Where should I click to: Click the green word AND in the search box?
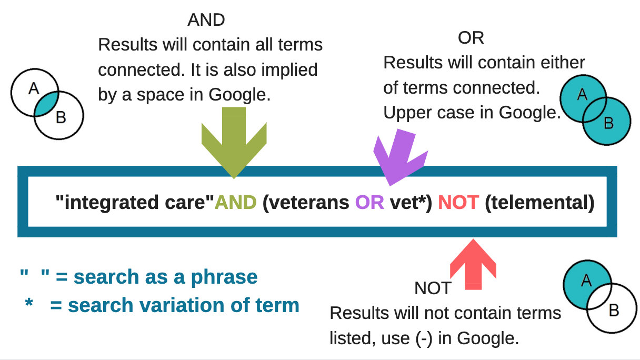pyautogui.click(x=235, y=203)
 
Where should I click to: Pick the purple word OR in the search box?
pyautogui.click(x=369, y=203)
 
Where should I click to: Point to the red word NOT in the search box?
pyautogui.click(x=458, y=203)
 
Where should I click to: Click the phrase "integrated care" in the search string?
pyautogui.click(x=135, y=203)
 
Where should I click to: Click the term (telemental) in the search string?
pyautogui.click(x=539, y=203)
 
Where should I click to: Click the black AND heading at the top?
pyautogui.click(x=206, y=20)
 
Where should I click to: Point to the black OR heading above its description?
pyautogui.click(x=471, y=38)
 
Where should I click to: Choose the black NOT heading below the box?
pyautogui.click(x=433, y=288)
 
